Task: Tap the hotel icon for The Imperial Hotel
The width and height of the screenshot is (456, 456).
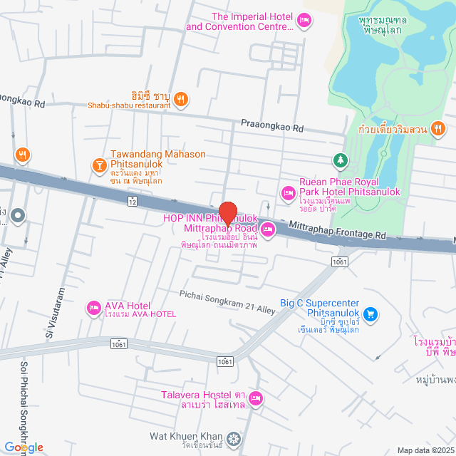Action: (304, 22)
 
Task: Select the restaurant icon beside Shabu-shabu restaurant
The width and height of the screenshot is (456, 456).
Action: (181, 100)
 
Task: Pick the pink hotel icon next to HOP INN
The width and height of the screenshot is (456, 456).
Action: (268, 229)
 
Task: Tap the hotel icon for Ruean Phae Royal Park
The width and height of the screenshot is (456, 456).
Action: (289, 192)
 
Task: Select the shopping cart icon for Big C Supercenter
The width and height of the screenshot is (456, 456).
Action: (370, 313)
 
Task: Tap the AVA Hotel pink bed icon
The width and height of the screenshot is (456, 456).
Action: (93, 308)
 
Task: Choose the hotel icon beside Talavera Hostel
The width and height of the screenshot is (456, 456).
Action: (256, 398)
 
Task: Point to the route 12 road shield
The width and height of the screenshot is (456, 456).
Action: (133, 202)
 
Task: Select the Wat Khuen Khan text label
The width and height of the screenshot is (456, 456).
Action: (186, 435)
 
